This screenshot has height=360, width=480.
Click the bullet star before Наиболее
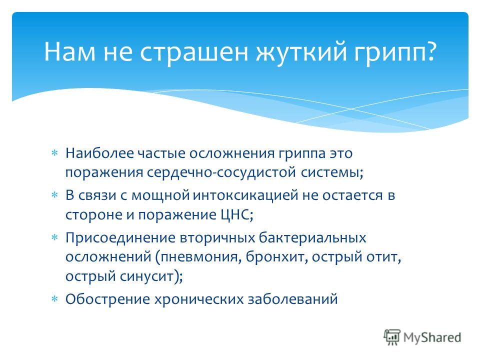[x=54, y=153]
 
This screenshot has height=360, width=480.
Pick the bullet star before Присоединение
[x=54, y=237]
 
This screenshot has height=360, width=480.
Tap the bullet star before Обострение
[x=54, y=299]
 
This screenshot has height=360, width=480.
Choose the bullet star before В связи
[x=54, y=195]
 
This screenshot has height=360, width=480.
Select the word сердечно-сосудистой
[x=221, y=172]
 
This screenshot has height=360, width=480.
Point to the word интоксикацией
[x=245, y=195]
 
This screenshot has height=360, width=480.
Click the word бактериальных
[x=312, y=238]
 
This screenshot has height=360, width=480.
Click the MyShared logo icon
[x=392, y=337]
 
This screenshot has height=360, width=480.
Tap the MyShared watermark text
[x=432, y=337]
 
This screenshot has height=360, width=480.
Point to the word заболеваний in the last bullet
[x=292, y=299]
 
